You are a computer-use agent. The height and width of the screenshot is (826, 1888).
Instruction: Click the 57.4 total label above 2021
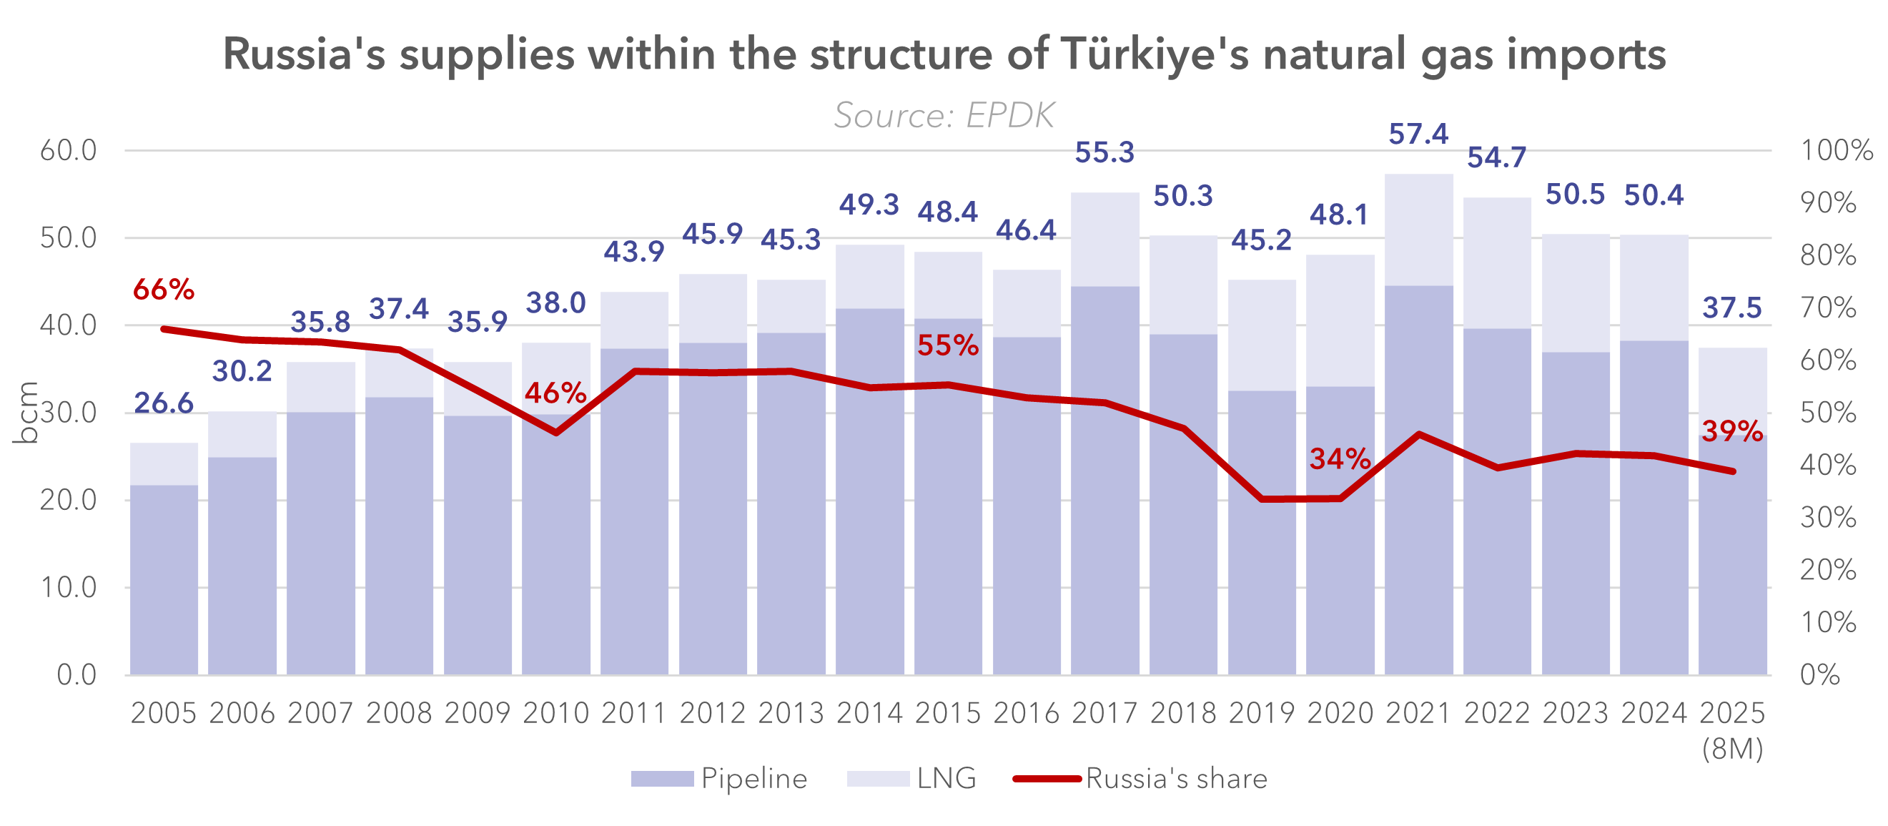(1418, 134)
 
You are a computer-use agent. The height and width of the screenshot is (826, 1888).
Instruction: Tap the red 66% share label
(164, 290)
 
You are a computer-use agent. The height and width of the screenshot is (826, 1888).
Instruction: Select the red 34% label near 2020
(1340, 460)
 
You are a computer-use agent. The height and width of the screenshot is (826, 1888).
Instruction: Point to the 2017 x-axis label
(1104, 713)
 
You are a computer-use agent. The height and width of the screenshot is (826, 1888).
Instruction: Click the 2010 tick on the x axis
(555, 713)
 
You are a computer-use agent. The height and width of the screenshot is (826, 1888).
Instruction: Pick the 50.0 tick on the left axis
(68, 238)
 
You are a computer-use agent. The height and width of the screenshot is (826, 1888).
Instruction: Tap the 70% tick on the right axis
(1828, 308)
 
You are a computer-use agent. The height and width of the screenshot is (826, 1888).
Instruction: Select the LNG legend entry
(911, 778)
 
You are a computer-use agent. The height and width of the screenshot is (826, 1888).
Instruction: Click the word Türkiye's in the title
(1154, 54)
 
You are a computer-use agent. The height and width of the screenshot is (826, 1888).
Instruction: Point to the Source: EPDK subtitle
(944, 115)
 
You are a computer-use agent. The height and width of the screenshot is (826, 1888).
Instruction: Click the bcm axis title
(26, 413)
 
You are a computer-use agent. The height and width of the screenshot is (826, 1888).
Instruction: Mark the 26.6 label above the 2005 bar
(164, 403)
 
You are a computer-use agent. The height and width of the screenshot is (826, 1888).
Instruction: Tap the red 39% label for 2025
(1732, 432)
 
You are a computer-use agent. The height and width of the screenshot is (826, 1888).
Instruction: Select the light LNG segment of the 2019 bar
(1261, 335)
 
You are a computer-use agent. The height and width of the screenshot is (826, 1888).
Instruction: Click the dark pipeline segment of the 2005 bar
(164, 579)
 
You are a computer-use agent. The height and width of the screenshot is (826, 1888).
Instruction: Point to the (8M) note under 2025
(1732, 749)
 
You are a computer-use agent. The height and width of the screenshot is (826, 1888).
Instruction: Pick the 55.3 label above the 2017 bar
(1104, 152)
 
